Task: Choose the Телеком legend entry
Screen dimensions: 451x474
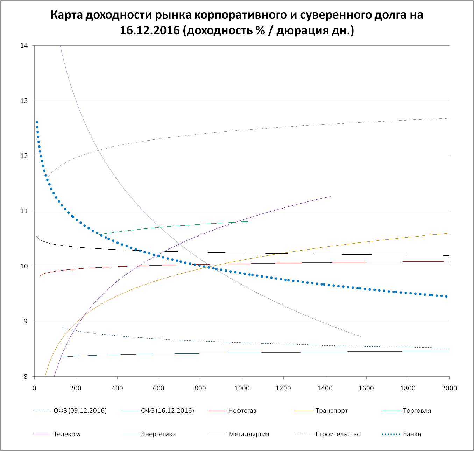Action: (x=66, y=434)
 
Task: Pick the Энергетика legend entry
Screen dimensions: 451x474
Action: (x=158, y=434)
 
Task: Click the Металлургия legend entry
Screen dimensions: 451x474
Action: (x=249, y=434)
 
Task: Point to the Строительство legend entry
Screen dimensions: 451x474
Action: (x=338, y=434)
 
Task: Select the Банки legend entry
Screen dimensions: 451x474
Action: (x=412, y=434)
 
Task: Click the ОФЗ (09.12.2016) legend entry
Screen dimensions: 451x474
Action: (x=80, y=411)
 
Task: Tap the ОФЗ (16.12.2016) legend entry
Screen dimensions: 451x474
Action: (x=167, y=411)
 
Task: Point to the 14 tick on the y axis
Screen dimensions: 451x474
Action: (x=24, y=46)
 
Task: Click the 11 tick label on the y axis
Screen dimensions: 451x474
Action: (x=24, y=211)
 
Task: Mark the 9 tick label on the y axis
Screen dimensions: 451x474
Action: (x=26, y=321)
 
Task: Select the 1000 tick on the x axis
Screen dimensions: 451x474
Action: (x=242, y=388)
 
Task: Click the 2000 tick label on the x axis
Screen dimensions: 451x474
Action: (x=449, y=388)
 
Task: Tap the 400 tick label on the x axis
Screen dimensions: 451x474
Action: (x=117, y=388)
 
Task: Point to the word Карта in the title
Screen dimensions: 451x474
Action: (x=66, y=15)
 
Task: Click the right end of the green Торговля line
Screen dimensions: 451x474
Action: (x=251, y=221)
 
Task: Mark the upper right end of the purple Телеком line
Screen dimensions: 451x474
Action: (x=330, y=196)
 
